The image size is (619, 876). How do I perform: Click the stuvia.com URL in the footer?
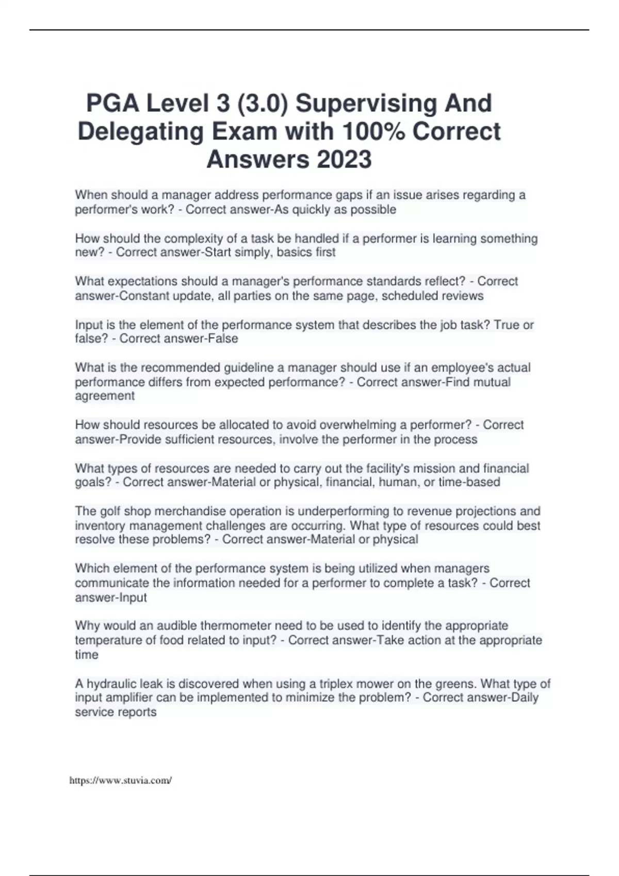pyautogui.click(x=120, y=780)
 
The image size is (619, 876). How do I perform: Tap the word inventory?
pyautogui.click(x=100, y=526)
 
